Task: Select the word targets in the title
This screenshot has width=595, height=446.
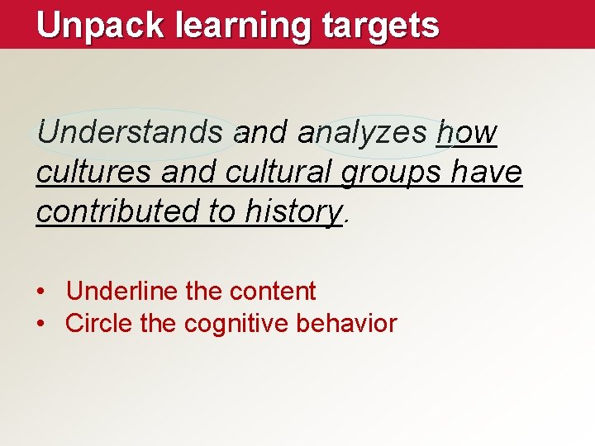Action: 381,26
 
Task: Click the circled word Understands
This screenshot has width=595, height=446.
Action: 131,132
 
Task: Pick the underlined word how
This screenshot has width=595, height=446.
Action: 467,132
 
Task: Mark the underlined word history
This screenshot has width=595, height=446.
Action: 293,212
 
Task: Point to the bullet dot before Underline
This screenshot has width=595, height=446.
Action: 40,292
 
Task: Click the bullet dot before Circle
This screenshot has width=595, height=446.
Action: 40,324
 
